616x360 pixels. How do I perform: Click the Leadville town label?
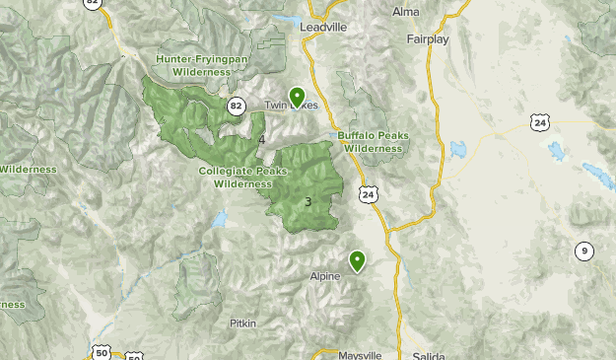323,29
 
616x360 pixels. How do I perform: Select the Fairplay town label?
427,39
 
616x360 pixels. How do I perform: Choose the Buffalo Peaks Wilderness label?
370,141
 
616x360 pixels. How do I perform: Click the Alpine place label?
325,276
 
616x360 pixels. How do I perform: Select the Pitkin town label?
242,323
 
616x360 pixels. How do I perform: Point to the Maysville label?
360,354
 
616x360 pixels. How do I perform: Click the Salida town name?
430,355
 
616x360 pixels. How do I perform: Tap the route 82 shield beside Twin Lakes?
236,106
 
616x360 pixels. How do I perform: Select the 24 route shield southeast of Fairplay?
538,122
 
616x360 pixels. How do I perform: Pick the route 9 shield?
584,251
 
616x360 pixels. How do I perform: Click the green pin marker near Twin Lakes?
297,97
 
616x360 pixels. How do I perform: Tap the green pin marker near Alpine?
357,260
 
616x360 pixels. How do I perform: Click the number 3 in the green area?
308,202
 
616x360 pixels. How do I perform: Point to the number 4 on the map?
261,140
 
